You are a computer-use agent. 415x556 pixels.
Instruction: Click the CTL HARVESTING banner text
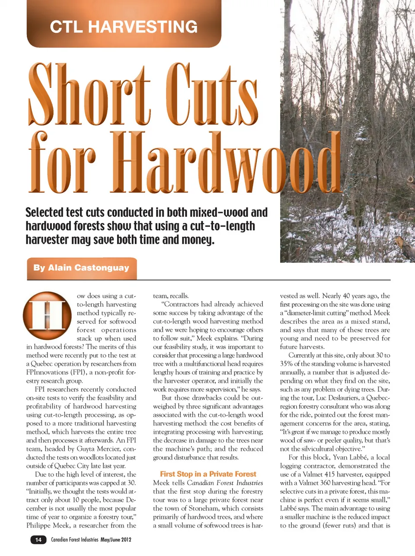(124, 27)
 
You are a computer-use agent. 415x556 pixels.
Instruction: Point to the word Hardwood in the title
(229, 163)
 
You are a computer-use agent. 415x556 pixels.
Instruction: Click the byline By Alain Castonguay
(81, 268)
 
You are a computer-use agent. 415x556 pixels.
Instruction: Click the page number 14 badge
(38, 540)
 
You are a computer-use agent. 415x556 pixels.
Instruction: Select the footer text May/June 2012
(116, 540)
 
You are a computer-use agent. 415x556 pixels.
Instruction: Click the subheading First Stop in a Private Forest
(208, 474)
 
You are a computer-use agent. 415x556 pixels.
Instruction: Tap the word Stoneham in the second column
(208, 508)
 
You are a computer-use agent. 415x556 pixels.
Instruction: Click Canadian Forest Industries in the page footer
(74, 540)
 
